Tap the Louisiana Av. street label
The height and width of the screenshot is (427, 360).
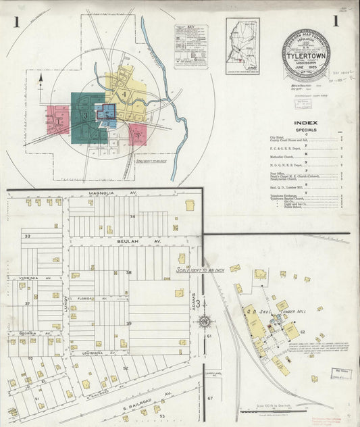coord(88,353)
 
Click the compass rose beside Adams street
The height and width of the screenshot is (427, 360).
coord(203,321)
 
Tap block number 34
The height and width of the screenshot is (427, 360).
coord(132,216)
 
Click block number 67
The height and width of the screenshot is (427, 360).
coord(210,398)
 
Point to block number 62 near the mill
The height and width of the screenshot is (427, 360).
coord(303,332)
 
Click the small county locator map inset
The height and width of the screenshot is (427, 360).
coord(242,46)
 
